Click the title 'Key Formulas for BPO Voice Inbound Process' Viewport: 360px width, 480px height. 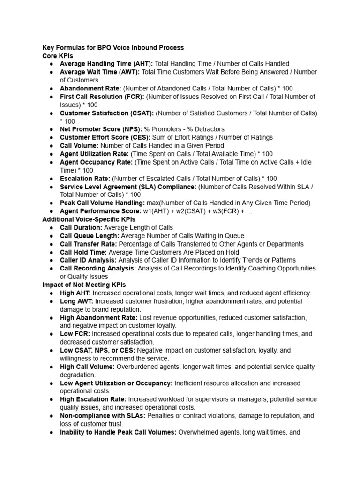[x=113, y=47]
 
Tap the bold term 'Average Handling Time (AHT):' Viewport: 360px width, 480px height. [x=106, y=64]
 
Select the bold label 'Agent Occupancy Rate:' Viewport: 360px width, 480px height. [x=96, y=162]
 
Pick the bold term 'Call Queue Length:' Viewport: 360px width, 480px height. [x=90, y=236]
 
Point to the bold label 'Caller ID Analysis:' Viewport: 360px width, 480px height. [x=88, y=260]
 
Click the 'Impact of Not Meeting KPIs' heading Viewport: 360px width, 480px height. [x=84, y=285]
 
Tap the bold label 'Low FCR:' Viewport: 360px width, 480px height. [x=75, y=334]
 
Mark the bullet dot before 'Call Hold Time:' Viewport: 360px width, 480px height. [x=51, y=252]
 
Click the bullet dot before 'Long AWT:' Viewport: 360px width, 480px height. [x=51, y=301]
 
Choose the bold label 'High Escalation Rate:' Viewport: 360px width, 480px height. [x=93, y=399]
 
